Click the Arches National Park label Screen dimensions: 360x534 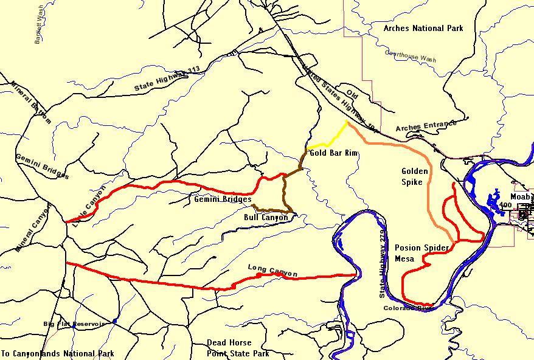[423, 28]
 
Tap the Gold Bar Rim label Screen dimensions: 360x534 [333, 153]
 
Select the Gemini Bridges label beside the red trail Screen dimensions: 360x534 [223, 199]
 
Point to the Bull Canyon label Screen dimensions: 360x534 [266, 217]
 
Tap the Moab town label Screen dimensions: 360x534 [520, 197]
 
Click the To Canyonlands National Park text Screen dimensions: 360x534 [57, 353]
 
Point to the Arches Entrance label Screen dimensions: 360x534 [426, 126]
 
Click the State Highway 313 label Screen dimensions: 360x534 [167, 80]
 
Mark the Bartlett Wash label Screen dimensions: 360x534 [39, 25]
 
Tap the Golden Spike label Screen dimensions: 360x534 [415, 176]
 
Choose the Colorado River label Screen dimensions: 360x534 [407, 308]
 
